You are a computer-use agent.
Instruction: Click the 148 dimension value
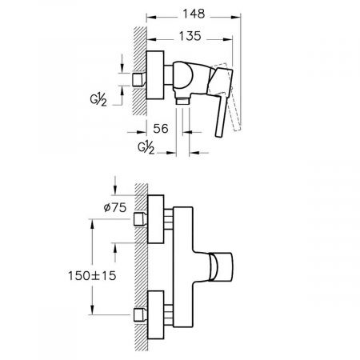tap(194, 14)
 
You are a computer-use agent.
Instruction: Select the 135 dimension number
tap(190, 36)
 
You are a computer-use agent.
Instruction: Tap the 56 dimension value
tap(161, 129)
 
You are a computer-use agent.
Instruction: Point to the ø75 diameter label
tap(115, 207)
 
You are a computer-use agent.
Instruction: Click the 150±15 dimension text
tap(92, 275)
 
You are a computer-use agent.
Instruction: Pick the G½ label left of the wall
tap(98, 100)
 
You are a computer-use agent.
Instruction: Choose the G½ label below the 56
tap(146, 148)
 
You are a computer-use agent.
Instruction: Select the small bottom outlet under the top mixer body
tap(182, 102)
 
